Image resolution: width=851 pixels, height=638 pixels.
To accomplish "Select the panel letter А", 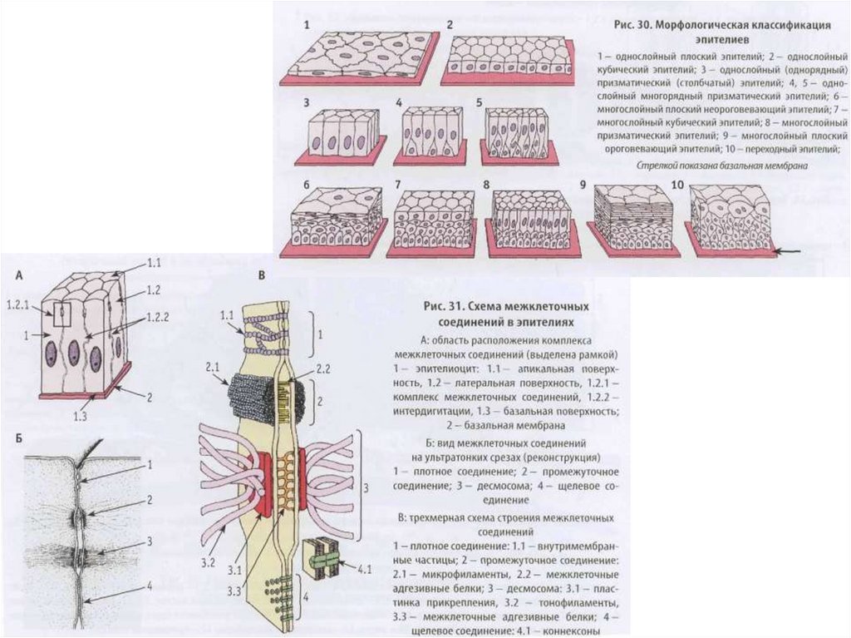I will point(17,272).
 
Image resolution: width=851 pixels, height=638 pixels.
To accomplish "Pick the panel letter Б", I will point(17,434).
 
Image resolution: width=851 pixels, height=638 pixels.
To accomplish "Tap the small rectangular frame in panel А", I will point(61,314).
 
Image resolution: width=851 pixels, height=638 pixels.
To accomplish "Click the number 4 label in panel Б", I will point(149,586).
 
